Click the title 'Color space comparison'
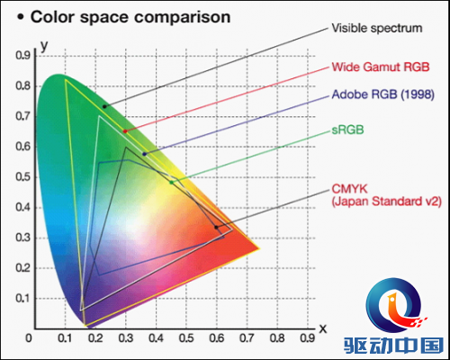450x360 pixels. pyautogui.click(x=130, y=17)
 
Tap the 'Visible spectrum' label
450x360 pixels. pyautogui.click(x=377, y=28)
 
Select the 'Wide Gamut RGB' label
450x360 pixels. pyautogui.click(x=381, y=67)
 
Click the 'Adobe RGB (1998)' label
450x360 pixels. pyautogui.click(x=383, y=94)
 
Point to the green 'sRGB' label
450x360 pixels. pyautogui.click(x=347, y=130)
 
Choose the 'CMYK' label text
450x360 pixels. pyautogui.click(x=349, y=189)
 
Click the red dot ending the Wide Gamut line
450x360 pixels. pyautogui.click(x=125, y=131)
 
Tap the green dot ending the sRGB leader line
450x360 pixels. pyautogui.click(x=171, y=183)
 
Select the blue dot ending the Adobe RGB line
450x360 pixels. pyautogui.click(x=144, y=154)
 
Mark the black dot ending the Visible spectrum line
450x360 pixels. pyautogui.click(x=104, y=106)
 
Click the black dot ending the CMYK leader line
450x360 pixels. pyautogui.click(x=216, y=228)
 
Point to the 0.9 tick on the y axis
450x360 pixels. pyautogui.click(x=23, y=56)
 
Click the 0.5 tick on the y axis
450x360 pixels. pyautogui.click(x=23, y=177)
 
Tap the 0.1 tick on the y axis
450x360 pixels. pyautogui.click(x=23, y=299)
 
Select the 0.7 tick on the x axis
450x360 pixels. pyautogui.click(x=247, y=338)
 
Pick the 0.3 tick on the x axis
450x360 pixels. pyautogui.click(x=126, y=338)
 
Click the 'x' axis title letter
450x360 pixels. pyautogui.click(x=323, y=328)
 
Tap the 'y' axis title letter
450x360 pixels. pyautogui.click(x=44, y=46)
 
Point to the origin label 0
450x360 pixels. pyautogui.click(x=29, y=338)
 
